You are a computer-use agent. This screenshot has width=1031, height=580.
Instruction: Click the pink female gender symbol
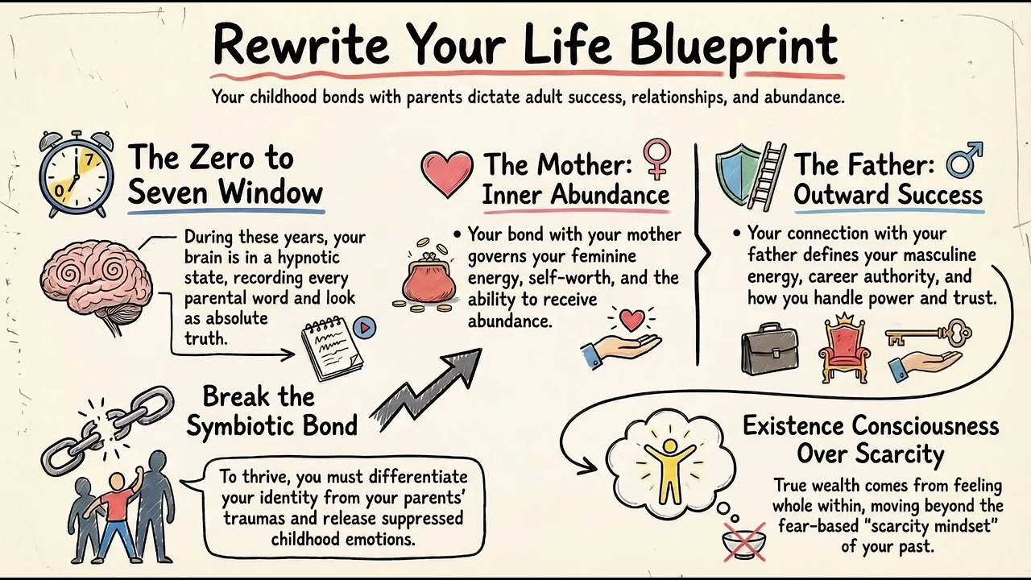[x=656, y=158]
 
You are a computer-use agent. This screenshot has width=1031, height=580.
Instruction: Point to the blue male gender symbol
[x=964, y=159]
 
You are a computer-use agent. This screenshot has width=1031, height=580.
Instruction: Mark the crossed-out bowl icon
[x=744, y=542]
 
